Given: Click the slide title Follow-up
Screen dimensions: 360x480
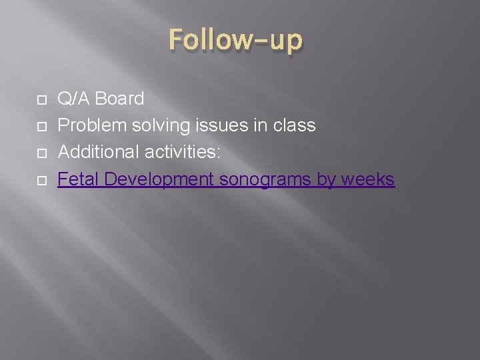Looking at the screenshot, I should [235, 41].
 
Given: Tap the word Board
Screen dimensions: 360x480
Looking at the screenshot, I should [119, 99].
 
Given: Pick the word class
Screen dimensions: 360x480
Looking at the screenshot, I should [294, 125].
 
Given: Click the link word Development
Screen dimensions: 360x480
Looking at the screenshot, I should [159, 179].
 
